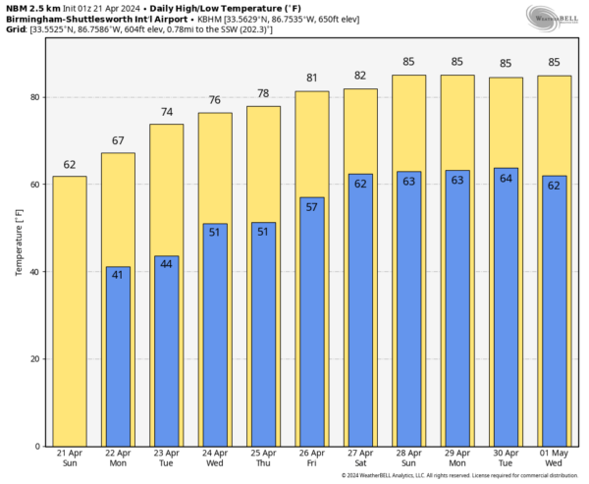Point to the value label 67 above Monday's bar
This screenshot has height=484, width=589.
118,139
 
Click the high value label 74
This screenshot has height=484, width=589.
167,112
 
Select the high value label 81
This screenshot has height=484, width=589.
312,79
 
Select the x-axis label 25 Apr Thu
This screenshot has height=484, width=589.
263,457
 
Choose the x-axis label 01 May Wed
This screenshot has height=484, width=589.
554,457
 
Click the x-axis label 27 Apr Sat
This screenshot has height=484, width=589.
360,457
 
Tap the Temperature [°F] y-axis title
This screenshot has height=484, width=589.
19,240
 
